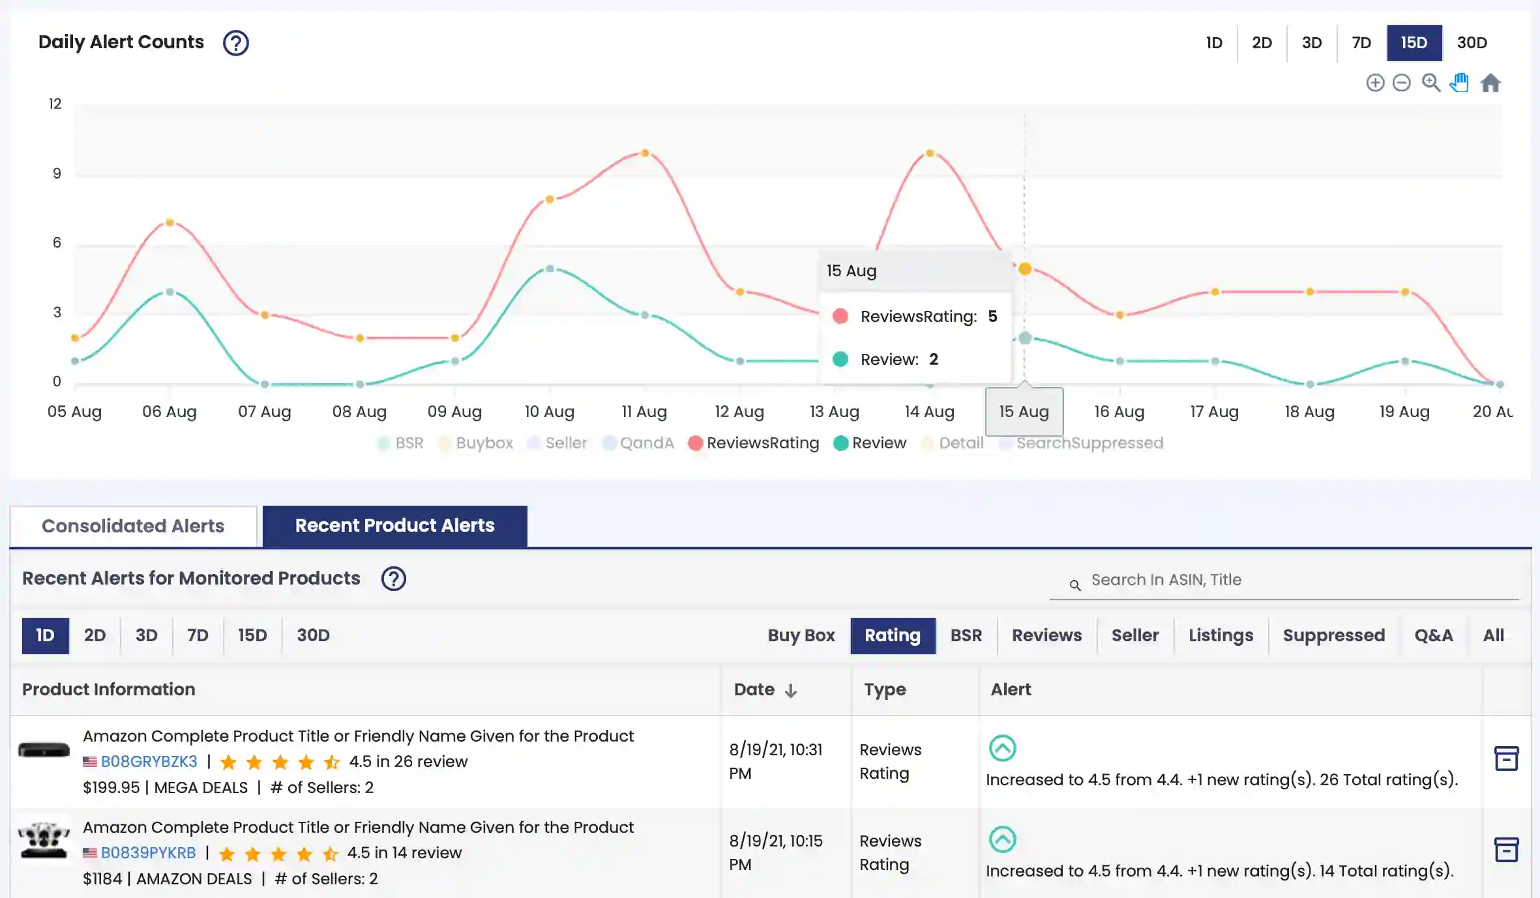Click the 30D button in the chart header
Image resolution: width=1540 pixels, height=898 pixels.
[x=1472, y=43]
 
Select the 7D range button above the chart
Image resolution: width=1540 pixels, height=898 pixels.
[x=1361, y=43]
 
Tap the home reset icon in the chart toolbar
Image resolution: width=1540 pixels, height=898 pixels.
[x=1490, y=83]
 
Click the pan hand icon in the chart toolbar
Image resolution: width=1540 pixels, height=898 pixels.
[x=1460, y=83]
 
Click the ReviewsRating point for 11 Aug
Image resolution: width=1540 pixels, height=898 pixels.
[x=645, y=153]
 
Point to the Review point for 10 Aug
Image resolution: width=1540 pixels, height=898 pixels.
[x=550, y=268]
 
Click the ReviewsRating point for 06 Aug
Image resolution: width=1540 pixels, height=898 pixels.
[x=170, y=222]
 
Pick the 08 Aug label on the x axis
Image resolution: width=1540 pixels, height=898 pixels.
[x=359, y=412]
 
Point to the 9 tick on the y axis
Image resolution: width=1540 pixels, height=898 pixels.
[x=57, y=173]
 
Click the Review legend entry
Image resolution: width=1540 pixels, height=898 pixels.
[x=870, y=443]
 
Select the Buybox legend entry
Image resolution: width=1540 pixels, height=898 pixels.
[x=477, y=443]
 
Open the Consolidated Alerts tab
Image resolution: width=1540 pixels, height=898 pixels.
[x=133, y=526]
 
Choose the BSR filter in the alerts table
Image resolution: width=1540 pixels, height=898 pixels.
[x=966, y=635]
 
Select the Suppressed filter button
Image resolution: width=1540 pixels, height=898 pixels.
[x=1333, y=635]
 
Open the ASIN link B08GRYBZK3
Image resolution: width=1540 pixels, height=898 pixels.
[x=149, y=762]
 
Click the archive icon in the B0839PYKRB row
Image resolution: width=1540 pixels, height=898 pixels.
[x=1506, y=850]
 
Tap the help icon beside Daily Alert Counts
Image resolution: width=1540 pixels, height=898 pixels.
[x=235, y=43]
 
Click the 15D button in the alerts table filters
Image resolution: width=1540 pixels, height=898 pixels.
[x=252, y=635]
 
